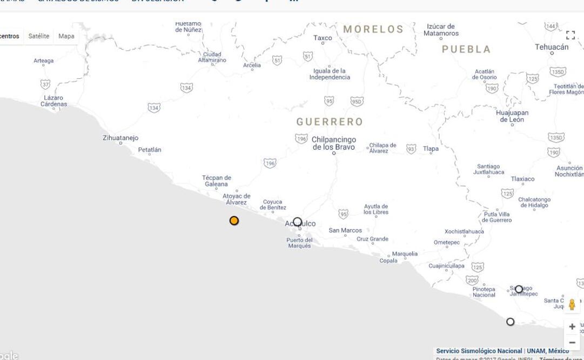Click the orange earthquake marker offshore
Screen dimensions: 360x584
(234, 221)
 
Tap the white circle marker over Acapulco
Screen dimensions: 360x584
(297, 222)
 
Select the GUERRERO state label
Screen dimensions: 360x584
(330, 122)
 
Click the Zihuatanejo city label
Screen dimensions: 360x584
(120, 138)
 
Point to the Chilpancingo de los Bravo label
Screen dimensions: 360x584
(334, 143)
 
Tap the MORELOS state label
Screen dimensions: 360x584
(373, 29)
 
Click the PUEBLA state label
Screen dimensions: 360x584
(466, 49)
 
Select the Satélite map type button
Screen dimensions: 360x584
(39, 36)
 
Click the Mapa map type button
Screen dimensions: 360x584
(66, 36)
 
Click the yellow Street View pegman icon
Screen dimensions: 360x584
(572, 305)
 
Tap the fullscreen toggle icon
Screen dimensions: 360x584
(570, 35)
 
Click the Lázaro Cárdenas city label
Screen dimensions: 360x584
(54, 101)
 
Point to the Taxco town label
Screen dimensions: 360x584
(323, 38)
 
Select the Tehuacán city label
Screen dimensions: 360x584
(552, 47)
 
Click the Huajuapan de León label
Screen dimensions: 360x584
(512, 116)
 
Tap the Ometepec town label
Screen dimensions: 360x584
(446, 243)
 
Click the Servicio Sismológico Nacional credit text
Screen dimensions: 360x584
(479, 351)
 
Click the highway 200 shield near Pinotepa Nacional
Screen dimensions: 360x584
(472, 280)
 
